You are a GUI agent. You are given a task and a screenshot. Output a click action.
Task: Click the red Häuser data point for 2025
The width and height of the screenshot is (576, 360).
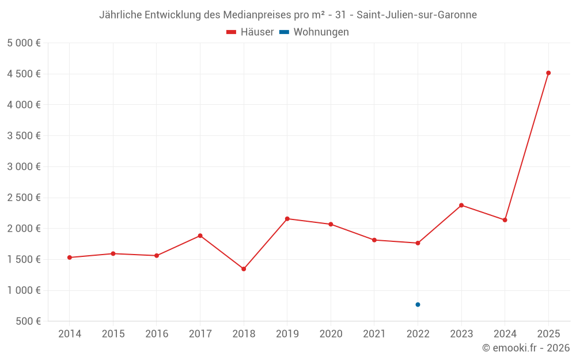click(x=548, y=73)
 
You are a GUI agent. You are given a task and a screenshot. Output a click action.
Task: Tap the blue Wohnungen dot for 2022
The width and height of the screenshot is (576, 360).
click(x=418, y=305)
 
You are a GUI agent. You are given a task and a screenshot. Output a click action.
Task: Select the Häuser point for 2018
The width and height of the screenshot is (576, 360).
click(x=244, y=269)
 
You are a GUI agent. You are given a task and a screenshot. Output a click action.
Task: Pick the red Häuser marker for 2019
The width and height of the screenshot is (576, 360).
click(x=287, y=219)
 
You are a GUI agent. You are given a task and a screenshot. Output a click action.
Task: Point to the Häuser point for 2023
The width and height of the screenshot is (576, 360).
click(x=461, y=205)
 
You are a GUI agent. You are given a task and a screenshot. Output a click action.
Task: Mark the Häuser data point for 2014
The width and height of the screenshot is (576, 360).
click(x=69, y=257)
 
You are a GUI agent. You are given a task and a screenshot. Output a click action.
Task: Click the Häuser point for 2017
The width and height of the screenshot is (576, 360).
click(x=200, y=236)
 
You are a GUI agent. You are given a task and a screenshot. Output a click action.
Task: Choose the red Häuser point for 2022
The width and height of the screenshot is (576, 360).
click(x=418, y=243)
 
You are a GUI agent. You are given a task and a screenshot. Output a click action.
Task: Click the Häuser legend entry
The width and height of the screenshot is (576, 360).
click(x=250, y=32)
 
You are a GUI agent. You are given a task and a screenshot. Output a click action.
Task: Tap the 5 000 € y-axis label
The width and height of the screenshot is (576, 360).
click(x=24, y=43)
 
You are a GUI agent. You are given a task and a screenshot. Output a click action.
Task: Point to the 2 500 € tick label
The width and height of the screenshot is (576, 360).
click(x=24, y=198)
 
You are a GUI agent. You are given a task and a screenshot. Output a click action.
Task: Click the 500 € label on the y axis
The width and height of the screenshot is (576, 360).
click(x=27, y=321)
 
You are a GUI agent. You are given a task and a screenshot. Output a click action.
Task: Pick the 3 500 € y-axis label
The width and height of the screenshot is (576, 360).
click(x=24, y=136)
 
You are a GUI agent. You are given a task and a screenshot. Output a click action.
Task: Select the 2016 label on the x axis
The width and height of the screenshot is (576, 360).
click(x=157, y=334)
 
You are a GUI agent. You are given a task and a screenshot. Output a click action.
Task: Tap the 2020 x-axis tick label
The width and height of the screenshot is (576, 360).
click(x=331, y=334)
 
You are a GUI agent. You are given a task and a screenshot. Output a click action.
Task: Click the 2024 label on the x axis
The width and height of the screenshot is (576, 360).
click(x=505, y=334)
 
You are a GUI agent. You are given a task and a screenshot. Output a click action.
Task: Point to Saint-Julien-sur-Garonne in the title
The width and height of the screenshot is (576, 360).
click(x=417, y=15)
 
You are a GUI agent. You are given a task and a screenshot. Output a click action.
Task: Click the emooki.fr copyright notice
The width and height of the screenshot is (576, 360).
click(x=526, y=348)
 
